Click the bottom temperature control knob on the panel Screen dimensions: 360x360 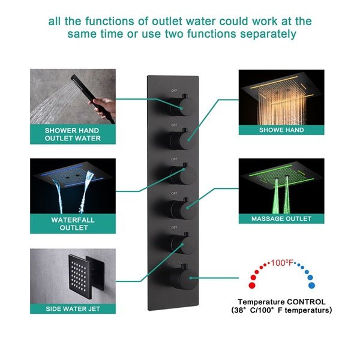[178, 277]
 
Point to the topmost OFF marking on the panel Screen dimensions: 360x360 [174, 91]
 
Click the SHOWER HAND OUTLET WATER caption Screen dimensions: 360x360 [73, 134]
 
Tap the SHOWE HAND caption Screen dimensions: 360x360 [281, 130]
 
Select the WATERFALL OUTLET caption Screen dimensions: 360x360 [73, 224]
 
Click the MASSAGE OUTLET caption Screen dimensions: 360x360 [281, 219]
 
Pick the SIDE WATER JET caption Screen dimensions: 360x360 [73, 308]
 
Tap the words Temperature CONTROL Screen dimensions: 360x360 [281, 302]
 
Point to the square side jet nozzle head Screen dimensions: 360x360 [82, 274]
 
